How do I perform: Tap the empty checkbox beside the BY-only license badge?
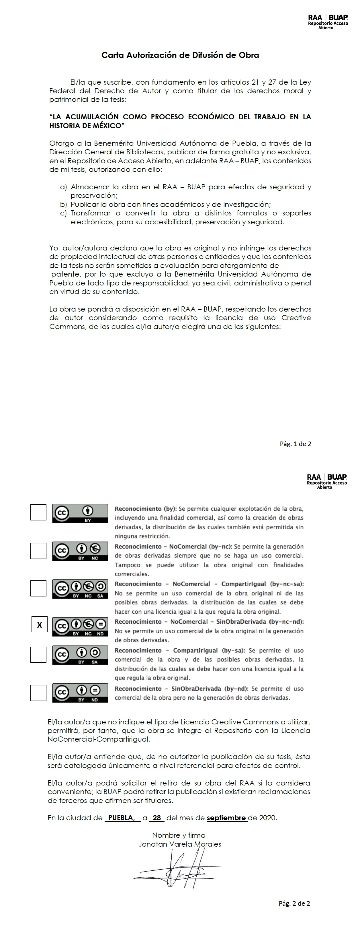click(38, 512)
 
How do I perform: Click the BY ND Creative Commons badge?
click(80, 693)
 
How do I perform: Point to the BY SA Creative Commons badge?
click(80, 655)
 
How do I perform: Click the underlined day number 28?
click(156, 818)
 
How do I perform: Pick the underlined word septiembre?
click(227, 818)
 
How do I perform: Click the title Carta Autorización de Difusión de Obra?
click(180, 55)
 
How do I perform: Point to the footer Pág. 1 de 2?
click(296, 444)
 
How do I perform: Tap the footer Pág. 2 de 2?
click(294, 903)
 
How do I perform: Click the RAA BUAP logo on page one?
click(328, 22)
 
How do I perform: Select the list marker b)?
click(64, 204)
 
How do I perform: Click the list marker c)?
click(64, 213)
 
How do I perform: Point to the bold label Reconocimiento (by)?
click(145, 508)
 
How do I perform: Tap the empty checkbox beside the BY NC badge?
click(38, 551)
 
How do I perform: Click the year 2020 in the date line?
click(268, 818)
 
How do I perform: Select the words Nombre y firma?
click(179, 835)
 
